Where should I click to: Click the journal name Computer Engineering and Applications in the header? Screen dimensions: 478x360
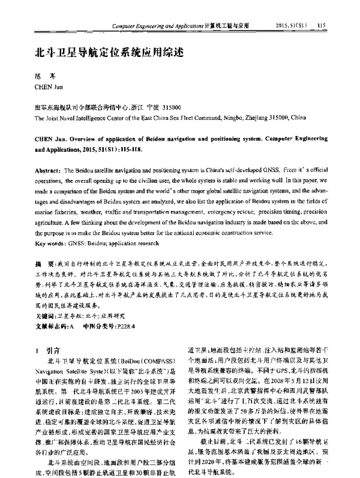click(157, 26)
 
